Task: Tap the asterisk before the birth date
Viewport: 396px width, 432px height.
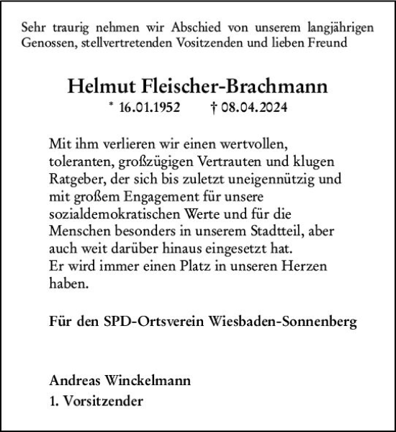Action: (110, 105)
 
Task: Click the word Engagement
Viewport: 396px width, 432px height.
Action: (161, 193)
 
